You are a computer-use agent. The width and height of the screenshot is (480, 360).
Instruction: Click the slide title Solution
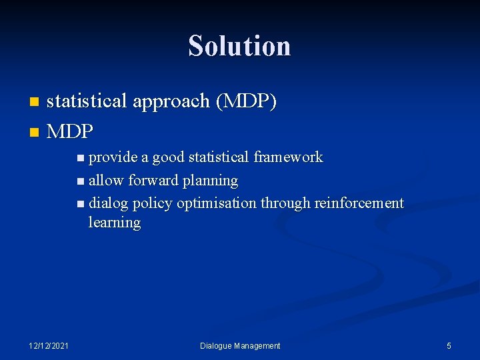pos(239,46)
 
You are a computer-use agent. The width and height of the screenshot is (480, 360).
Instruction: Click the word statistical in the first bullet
pos(87,101)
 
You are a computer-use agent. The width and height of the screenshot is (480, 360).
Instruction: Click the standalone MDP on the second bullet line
pos(70,131)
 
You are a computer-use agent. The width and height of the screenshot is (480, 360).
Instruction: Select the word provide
pos(113,157)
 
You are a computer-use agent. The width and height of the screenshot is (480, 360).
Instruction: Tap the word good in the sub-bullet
pos(169,157)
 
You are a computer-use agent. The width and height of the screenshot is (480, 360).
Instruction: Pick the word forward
pos(153,180)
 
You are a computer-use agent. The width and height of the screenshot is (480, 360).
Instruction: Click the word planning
pos(211,181)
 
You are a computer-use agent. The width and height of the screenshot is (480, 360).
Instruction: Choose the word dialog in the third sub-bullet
pos(109,203)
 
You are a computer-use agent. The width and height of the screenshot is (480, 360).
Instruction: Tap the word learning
pos(114,223)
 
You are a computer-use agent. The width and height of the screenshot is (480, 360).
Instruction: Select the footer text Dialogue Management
pos(240,345)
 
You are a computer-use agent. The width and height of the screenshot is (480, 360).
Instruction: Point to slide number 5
pos(449,345)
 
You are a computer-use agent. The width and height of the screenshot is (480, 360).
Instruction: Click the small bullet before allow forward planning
pos(81,181)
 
